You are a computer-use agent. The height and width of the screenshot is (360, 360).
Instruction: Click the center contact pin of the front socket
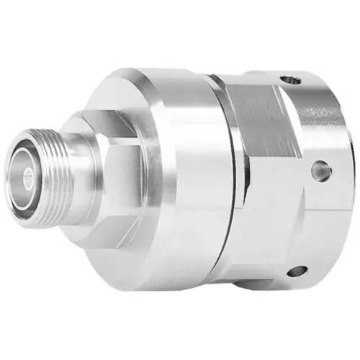27,175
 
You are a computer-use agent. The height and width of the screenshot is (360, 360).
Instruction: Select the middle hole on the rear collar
321,171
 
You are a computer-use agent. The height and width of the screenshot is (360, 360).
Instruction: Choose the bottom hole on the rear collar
297,271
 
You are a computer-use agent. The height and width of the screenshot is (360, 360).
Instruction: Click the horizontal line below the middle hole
317,199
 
